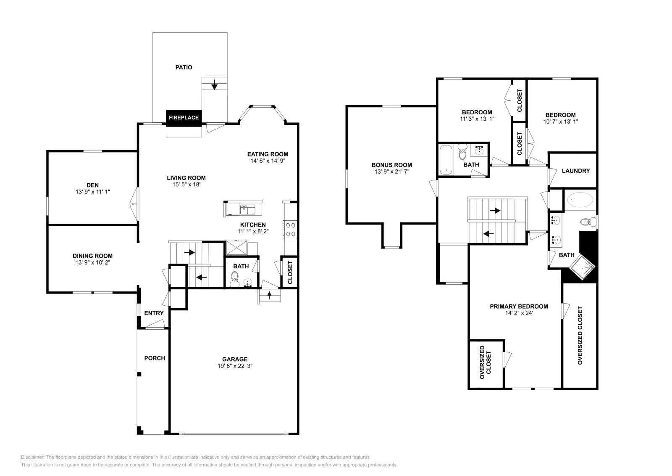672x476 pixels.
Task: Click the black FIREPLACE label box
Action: (184, 118)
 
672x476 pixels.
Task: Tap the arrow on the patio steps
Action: (215, 86)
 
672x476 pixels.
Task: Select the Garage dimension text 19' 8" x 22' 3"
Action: (235, 366)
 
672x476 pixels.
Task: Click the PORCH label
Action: (155, 358)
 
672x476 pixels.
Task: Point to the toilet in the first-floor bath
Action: (235, 278)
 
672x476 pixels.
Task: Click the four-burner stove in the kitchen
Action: (291, 230)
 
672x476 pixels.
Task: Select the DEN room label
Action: (92, 185)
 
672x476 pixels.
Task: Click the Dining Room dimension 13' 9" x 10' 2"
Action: (92, 262)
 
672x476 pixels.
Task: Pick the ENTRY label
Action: (154, 313)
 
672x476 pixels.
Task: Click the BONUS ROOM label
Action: (391, 165)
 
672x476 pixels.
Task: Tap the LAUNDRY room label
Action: (576, 171)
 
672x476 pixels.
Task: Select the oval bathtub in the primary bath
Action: (580, 199)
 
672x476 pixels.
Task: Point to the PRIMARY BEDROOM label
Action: (519, 307)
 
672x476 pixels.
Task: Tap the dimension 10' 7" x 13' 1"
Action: (560, 122)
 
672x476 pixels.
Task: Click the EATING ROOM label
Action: (268, 154)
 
